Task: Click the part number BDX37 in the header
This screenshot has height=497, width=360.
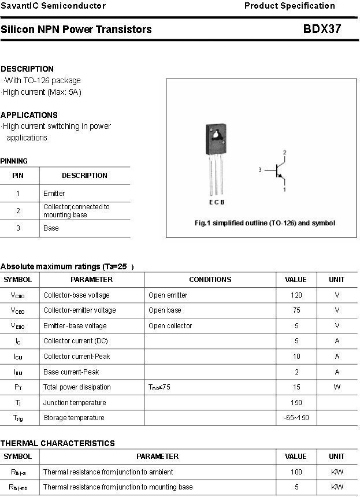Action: click(322, 29)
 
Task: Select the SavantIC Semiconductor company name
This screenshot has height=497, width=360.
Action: click(53, 6)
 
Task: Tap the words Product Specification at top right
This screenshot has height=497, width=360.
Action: click(290, 6)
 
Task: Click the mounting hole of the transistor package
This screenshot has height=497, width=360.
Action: click(216, 137)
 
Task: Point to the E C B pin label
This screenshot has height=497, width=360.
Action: click(217, 202)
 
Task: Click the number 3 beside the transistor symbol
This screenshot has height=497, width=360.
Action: click(261, 170)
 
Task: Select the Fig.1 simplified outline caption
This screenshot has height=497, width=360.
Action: click(265, 223)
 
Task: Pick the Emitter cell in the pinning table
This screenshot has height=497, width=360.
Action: click(54, 194)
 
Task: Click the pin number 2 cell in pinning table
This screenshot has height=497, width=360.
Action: click(18, 211)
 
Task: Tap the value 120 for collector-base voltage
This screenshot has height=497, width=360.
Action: click(296, 295)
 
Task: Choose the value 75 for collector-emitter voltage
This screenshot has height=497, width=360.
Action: click(296, 310)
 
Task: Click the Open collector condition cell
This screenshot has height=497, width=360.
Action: click(170, 326)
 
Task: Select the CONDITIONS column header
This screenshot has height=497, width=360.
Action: click(210, 280)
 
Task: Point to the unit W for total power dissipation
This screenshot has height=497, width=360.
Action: click(337, 387)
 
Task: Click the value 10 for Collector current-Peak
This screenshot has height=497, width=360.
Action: click(296, 357)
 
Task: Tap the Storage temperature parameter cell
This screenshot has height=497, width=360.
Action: click(74, 418)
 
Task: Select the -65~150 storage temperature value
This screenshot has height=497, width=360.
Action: click(296, 418)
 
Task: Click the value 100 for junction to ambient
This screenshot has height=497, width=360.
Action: click(296, 472)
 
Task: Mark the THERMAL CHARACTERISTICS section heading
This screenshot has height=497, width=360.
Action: click(58, 443)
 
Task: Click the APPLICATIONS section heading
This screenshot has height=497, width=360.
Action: click(29, 115)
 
